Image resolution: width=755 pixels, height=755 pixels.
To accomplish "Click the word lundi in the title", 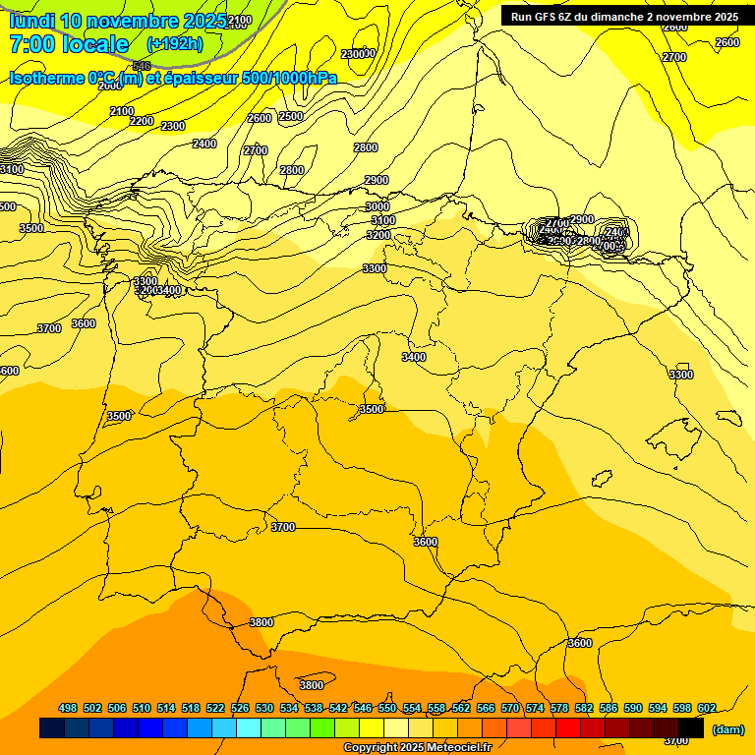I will point(31,21).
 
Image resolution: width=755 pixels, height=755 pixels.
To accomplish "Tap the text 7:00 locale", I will point(69,44).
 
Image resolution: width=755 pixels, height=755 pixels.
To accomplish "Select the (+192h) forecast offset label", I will point(174,44).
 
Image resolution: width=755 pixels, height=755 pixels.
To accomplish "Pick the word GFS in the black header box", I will point(556,17).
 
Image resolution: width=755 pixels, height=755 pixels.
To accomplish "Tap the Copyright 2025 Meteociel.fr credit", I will point(417,748).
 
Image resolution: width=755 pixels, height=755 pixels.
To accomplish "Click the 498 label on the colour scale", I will point(68,708).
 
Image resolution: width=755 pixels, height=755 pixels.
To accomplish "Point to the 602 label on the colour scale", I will point(706,708).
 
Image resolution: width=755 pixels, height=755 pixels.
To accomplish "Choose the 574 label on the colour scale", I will point(535,708).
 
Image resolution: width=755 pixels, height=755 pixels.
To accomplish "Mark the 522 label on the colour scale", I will point(215,708).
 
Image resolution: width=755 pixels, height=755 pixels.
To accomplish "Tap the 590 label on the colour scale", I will point(632,708).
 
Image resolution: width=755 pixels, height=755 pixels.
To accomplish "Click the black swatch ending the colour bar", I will point(691,728).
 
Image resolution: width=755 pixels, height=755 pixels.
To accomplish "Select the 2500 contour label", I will point(291,116).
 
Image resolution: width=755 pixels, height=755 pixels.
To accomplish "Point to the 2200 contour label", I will point(142,121).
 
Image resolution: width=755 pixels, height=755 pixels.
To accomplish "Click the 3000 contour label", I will point(377,206).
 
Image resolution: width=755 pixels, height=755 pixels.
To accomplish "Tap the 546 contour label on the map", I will point(142,65).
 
